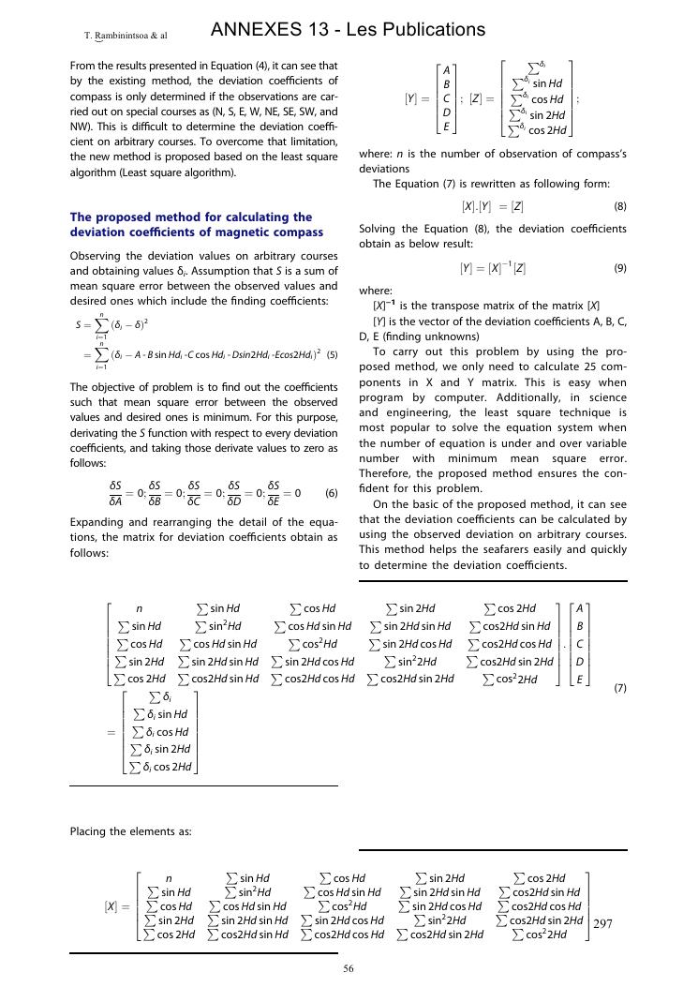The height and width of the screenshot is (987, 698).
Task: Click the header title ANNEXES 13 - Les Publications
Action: click(x=348, y=30)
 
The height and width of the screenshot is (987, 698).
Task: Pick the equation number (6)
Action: click(x=331, y=493)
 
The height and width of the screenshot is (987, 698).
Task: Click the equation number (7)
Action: click(x=619, y=688)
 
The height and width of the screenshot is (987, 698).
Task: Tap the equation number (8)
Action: click(x=619, y=205)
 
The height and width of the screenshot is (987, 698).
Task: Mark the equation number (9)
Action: click(x=619, y=268)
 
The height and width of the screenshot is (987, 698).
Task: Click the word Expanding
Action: click(x=97, y=521)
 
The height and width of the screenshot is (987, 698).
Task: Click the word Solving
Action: click(x=378, y=229)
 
